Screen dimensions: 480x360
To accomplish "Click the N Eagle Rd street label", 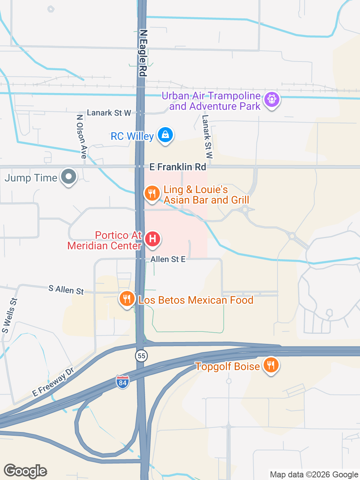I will coord(143,53).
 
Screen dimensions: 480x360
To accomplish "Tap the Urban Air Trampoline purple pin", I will coord(272,100).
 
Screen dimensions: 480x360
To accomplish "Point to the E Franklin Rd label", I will coord(178,167).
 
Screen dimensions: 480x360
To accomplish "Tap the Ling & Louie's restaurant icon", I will coord(152,193).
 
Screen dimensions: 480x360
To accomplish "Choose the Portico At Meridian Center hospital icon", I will coord(152,239).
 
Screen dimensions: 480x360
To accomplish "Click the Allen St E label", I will coord(168,259).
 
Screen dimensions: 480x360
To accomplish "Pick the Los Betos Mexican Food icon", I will coord(127,299).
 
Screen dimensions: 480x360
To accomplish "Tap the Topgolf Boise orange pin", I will coord(270,364).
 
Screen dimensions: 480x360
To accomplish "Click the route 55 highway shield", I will coord(141,355).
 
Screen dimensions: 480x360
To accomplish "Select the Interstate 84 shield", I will coord(122,382).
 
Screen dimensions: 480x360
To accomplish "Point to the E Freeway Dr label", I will coord(53,382).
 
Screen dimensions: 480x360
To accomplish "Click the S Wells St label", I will coord(9,315).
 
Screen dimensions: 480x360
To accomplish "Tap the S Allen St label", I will coord(66,289).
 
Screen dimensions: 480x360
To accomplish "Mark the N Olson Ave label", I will coord(82,136).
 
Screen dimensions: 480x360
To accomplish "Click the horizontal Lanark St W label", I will coord(109,113).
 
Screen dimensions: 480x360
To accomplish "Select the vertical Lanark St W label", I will coord(207,136).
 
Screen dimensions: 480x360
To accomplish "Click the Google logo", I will coord(25,471).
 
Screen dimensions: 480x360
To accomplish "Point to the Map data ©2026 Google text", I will coord(314,475).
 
